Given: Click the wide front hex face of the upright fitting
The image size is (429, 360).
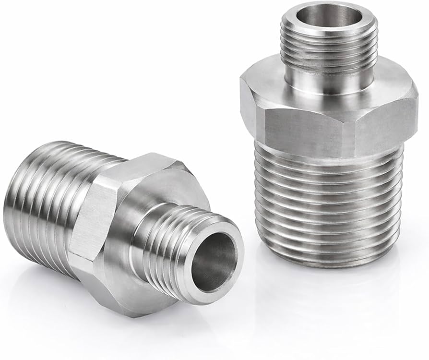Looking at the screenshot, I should pos(307,126).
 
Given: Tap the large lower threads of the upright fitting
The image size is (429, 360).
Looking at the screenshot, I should pos(329,202).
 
